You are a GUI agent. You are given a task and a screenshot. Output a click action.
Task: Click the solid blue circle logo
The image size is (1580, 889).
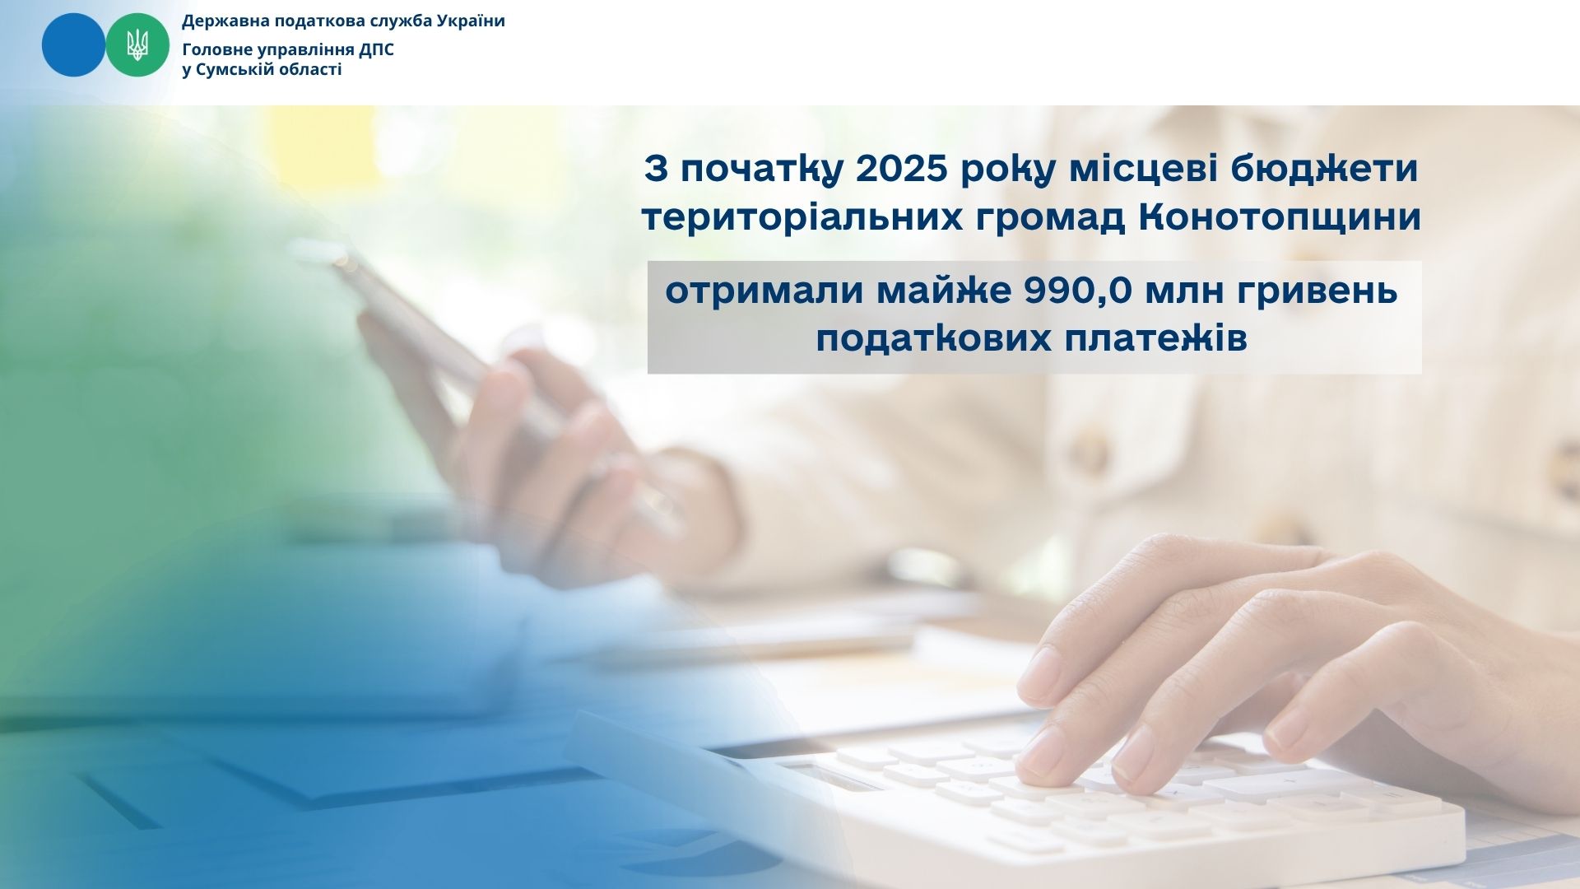tap(73, 45)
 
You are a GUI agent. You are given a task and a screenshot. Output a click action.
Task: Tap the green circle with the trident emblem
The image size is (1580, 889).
tap(137, 45)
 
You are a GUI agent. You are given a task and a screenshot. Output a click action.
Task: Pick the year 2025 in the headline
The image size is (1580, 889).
tap(903, 170)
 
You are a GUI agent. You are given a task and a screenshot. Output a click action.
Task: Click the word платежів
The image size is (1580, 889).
tap(1156, 339)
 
